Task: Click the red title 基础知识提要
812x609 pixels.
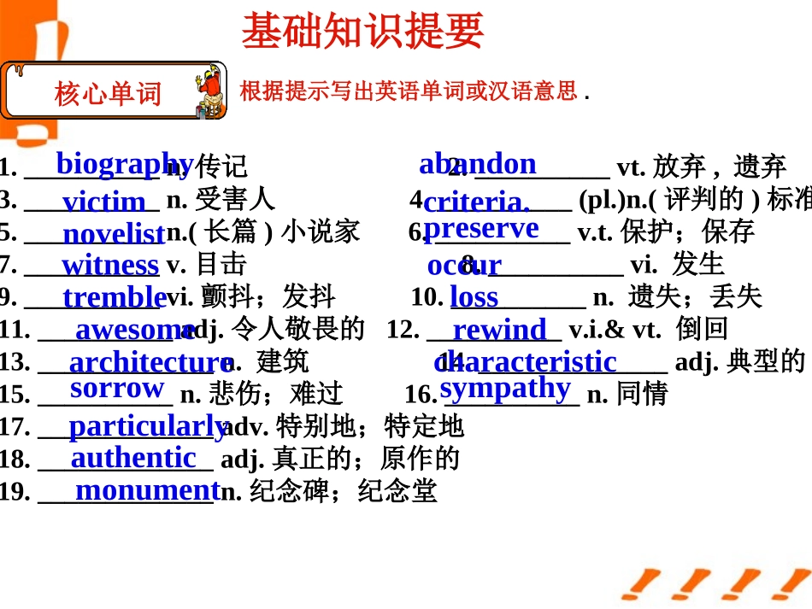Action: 362,32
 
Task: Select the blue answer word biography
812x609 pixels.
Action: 124,162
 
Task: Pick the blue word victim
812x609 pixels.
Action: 104,202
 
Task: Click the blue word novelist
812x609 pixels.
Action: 114,233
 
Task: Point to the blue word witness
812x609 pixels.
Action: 110,265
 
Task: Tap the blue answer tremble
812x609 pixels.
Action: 114,297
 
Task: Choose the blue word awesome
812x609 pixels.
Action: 135,329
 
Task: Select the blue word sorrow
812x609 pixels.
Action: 117,388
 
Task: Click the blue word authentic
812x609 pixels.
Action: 133,458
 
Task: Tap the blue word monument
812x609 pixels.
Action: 147,489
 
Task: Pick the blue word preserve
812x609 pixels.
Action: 481,228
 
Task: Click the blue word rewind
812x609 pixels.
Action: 499,330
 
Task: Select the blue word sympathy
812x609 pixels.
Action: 505,388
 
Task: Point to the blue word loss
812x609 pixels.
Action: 474,297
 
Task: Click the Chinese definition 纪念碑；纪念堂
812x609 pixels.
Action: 344,491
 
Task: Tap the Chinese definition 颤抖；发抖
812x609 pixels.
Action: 268,297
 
